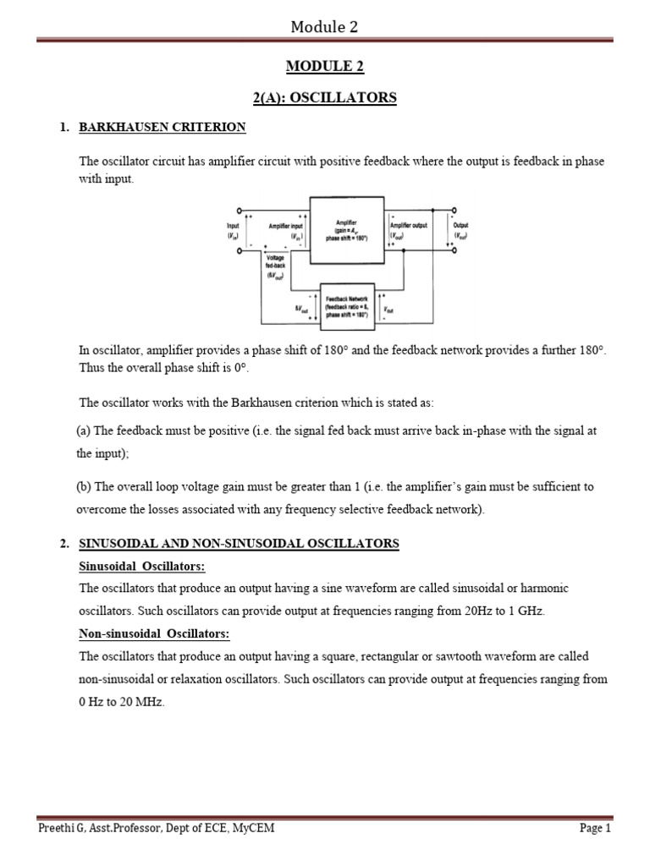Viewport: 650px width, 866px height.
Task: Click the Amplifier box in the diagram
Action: click(347, 230)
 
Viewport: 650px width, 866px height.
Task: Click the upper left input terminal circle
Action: click(240, 210)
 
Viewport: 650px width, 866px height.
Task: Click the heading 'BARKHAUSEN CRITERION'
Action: click(162, 128)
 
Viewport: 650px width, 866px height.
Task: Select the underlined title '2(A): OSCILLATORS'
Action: click(324, 98)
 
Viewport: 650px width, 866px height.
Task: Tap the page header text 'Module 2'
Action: click(324, 26)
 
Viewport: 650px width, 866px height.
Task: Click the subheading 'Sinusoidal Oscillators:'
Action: click(142, 566)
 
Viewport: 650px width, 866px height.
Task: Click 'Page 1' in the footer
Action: click(595, 828)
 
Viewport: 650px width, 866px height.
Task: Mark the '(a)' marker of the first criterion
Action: click(83, 430)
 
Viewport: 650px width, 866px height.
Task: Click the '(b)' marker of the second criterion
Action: click(83, 486)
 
